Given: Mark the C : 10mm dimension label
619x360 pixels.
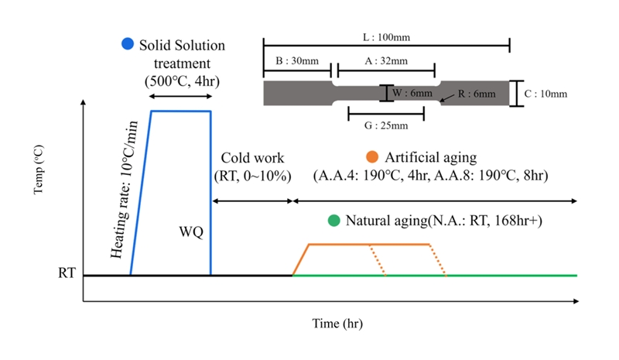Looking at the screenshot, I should (x=546, y=94).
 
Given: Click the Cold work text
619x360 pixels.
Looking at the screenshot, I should (x=251, y=157).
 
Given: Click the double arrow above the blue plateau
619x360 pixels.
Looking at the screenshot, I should (x=180, y=97).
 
